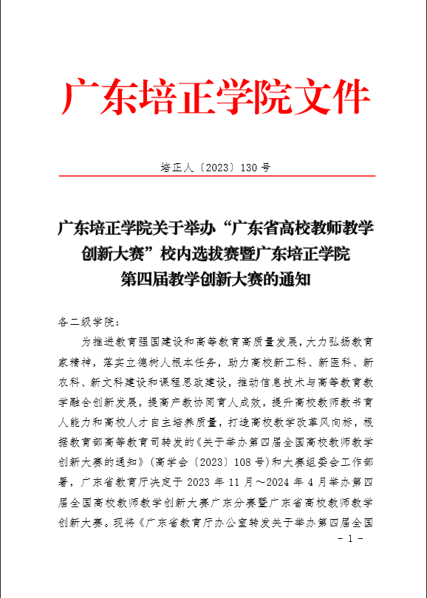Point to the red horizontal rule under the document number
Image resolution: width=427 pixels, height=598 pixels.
click(213, 176)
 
